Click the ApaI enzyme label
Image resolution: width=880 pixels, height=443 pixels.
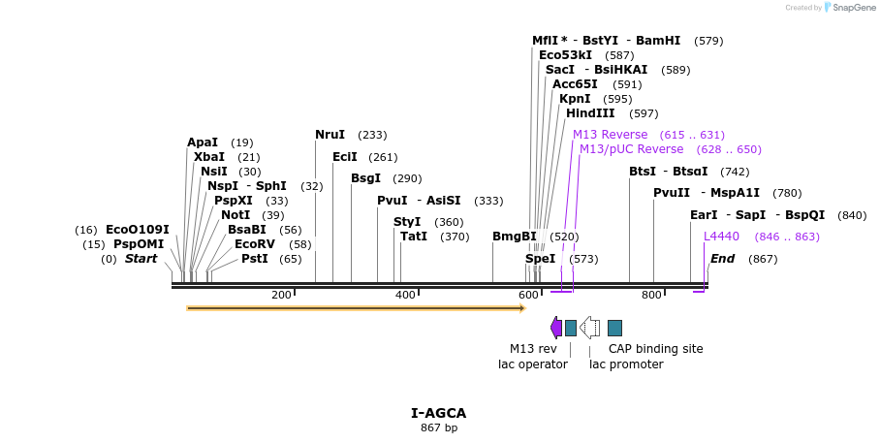(203, 142)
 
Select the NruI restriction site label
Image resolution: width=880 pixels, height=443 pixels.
(330, 135)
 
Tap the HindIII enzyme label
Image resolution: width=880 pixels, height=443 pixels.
(590, 113)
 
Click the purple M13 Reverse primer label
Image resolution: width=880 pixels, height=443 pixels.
(610, 135)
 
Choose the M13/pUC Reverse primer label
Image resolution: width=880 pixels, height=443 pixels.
(631, 149)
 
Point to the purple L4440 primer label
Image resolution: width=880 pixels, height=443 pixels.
(721, 237)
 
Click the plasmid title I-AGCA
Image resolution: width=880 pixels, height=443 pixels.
(439, 413)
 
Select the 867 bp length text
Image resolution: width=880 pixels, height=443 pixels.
(439, 427)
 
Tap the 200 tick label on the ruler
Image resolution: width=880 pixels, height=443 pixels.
(281, 295)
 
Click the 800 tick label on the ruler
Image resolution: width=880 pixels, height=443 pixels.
(651, 295)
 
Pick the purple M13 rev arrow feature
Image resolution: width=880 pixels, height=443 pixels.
(556, 328)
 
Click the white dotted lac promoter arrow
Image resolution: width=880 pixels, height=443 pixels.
(589, 328)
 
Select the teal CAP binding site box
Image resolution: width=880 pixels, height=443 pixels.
(614, 328)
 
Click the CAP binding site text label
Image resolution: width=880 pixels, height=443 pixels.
(655, 349)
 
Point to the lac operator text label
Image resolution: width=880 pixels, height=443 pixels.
(533, 364)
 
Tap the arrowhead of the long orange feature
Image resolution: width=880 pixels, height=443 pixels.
(521, 308)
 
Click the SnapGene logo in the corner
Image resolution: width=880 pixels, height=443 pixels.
(849, 8)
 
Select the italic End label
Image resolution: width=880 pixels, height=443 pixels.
(722, 259)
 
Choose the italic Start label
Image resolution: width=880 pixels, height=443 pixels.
(141, 259)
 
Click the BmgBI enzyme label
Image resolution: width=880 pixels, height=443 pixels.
(514, 237)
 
